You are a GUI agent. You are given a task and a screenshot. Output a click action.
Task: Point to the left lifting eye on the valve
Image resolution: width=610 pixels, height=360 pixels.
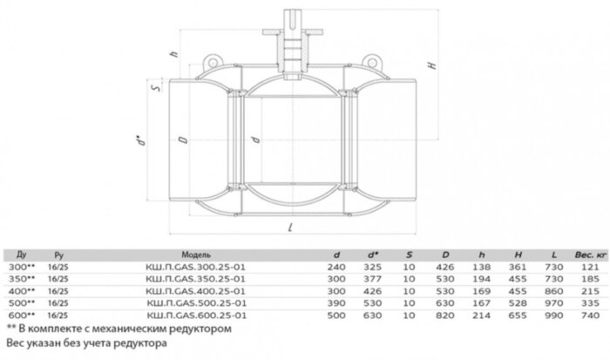tap(212, 60)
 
